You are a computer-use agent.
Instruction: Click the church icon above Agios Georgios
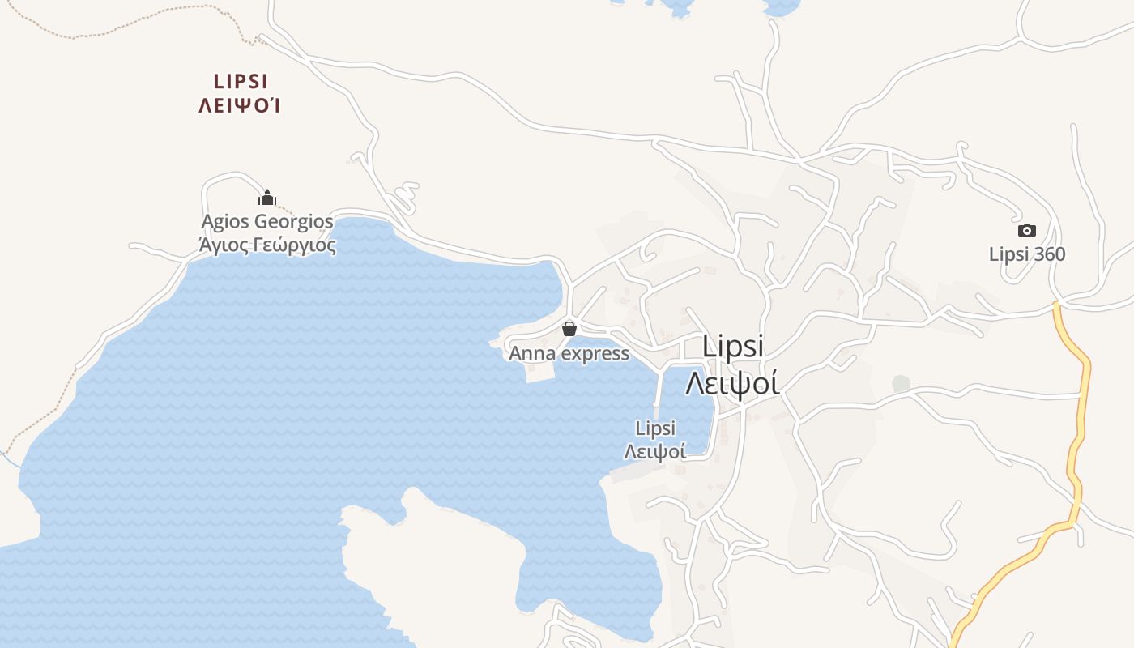267,198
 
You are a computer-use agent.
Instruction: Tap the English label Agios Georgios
266,221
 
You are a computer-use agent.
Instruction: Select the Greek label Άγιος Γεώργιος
266,243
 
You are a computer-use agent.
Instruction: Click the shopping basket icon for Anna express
569,328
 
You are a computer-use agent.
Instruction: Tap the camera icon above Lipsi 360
1026,230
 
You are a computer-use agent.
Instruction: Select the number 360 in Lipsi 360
1050,254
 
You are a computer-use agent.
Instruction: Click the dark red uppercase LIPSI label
241,82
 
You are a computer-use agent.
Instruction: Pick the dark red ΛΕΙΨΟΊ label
240,105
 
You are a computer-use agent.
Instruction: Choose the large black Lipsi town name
733,346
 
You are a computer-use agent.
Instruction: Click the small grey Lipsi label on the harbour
655,428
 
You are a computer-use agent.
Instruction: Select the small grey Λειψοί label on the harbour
655,451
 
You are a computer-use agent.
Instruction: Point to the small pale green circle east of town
901,383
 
